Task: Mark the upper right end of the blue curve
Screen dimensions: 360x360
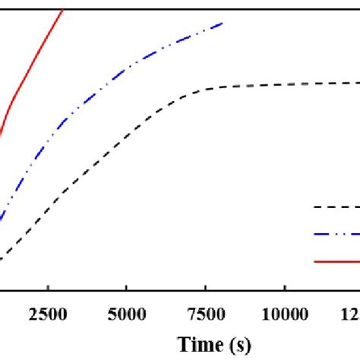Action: point(223,23)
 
